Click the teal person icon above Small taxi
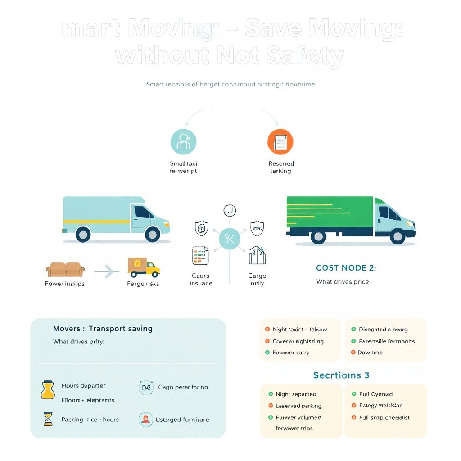point(183,141)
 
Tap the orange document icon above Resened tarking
point(280,141)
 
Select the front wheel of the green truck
point(398,236)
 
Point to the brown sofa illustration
point(65,270)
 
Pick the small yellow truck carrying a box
point(144,267)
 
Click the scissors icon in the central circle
point(230,239)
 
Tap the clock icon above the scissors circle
point(230,210)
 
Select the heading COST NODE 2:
point(346,267)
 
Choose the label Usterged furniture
point(182,420)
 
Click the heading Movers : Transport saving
point(103,329)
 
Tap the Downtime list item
point(370,353)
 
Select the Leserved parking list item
point(298,406)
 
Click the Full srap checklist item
point(384,417)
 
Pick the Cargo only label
point(257,279)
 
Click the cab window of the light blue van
point(144,212)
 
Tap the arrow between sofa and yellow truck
point(107,271)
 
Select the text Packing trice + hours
point(90,420)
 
